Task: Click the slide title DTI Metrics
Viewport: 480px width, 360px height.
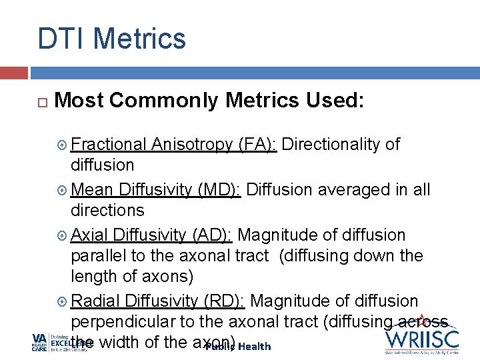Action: (x=111, y=38)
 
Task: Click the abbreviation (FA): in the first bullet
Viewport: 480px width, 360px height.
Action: (x=257, y=145)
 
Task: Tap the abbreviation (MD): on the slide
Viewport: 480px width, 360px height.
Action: (x=220, y=190)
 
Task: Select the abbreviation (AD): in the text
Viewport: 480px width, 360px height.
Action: (x=211, y=235)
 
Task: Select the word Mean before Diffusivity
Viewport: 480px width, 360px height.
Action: (x=91, y=190)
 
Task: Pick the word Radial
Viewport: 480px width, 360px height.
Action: (x=94, y=301)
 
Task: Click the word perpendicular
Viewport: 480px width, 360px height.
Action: (x=123, y=321)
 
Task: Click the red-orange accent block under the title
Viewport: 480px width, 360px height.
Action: (x=13, y=72)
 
